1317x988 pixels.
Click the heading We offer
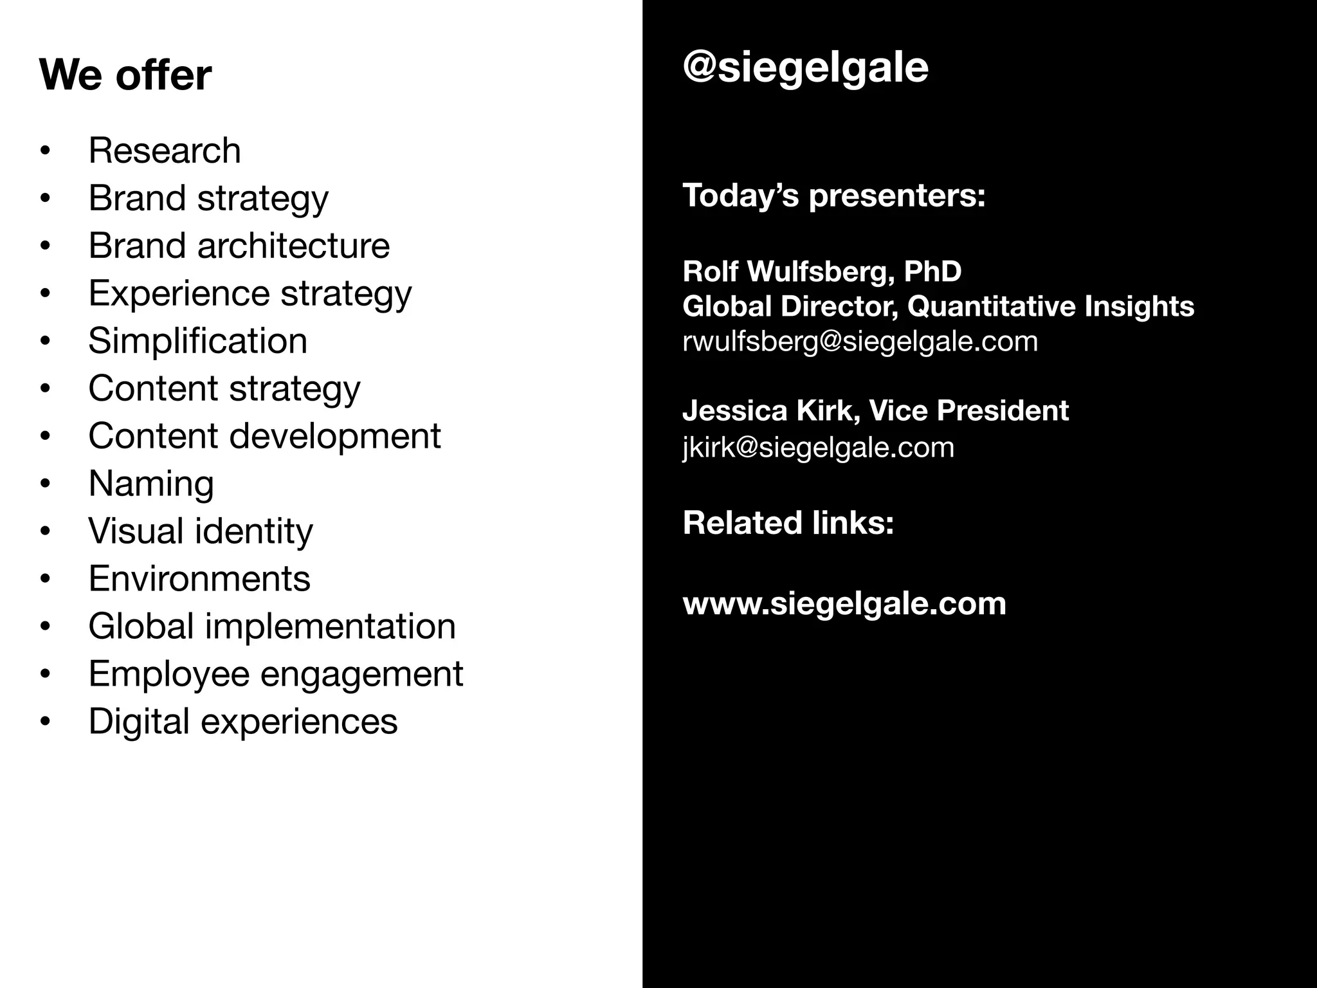125,75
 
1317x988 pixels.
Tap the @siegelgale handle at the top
805,68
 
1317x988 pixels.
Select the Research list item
165,151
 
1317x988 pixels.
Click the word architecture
293,246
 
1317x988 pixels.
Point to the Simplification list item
197,341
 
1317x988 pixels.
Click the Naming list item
151,484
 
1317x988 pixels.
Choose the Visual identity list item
200,531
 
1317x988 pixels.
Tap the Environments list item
199,578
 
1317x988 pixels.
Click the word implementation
330,626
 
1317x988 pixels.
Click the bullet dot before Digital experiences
44,722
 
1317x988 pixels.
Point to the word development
335,436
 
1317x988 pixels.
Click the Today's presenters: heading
833,195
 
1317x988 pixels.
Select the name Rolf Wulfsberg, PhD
822,271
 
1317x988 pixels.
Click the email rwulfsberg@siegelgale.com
860,341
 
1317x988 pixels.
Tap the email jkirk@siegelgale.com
818,447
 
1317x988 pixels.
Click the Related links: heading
788,522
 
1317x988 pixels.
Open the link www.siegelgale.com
844,603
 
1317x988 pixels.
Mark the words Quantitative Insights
1050,306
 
